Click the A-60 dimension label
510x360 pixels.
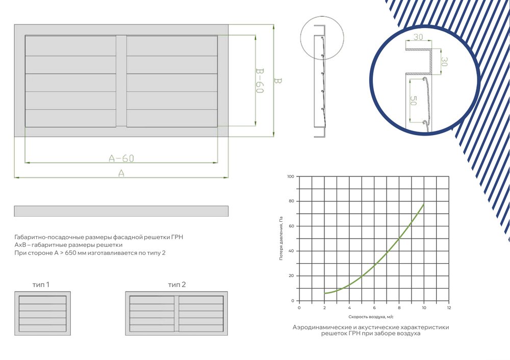click(121, 158)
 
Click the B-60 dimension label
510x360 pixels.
click(259, 81)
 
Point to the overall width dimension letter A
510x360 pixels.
click(121, 173)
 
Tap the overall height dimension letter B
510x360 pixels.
click(277, 81)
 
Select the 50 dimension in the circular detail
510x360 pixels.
click(413, 100)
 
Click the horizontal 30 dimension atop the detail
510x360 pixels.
click(418, 37)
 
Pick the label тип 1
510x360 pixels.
click(41, 285)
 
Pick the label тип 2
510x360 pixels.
click(177, 285)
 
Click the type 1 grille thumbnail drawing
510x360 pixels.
click(43, 313)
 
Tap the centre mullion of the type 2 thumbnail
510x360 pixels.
click(176, 314)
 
